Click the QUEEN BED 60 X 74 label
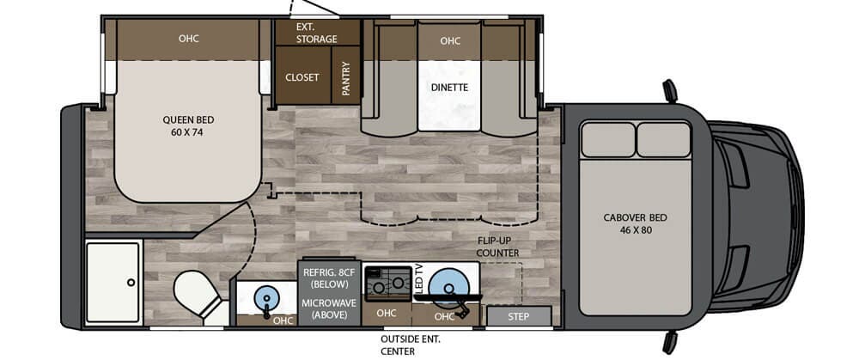(x=188, y=125)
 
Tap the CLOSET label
(x=302, y=77)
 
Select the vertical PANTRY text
(x=346, y=78)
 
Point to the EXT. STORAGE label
(x=317, y=33)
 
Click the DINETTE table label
(x=449, y=87)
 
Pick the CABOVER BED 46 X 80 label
(x=636, y=223)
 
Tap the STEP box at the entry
(x=518, y=316)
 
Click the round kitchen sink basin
(x=448, y=286)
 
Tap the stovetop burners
(x=388, y=283)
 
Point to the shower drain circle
(x=131, y=282)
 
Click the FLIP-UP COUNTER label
(x=497, y=247)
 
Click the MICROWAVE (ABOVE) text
(x=329, y=308)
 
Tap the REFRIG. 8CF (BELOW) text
(x=329, y=278)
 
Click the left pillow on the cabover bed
(x=607, y=140)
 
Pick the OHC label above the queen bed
(x=188, y=39)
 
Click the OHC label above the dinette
(x=450, y=40)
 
